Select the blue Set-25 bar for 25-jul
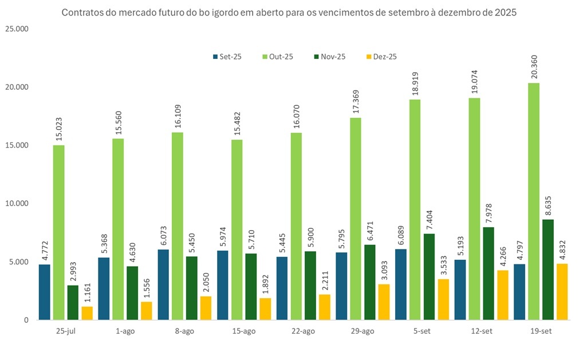coord(45,292)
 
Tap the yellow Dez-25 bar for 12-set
coord(503,295)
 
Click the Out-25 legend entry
coord(277,57)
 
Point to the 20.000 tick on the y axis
coord(21,88)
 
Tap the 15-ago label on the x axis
coord(244,331)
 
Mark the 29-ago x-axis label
coord(363,331)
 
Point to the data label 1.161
coord(87,293)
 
